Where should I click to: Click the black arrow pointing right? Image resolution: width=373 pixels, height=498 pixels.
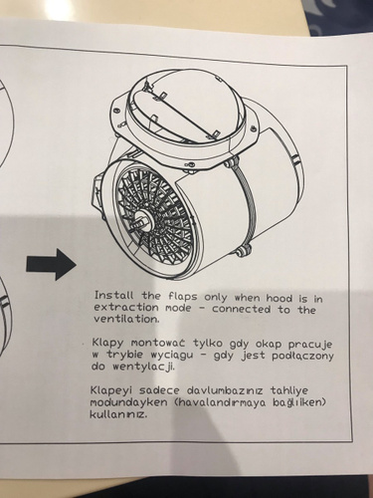tap(51, 264)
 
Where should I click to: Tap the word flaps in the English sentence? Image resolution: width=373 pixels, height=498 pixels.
tap(183, 297)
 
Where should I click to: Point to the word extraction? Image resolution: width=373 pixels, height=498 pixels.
tap(126, 307)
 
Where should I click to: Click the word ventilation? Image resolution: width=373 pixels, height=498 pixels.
tap(126, 319)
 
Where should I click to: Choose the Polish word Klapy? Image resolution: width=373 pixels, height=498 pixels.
tap(107, 343)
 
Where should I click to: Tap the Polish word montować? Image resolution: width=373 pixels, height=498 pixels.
tap(159, 343)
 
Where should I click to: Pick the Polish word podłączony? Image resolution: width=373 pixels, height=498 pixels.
tap(302, 356)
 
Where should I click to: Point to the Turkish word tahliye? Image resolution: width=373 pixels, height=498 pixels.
tap(288, 390)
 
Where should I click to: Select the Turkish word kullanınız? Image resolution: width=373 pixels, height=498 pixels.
tap(117, 414)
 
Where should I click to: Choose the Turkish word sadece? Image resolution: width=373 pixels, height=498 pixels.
tap(159, 390)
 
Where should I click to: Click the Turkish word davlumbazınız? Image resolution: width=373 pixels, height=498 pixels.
tap(225, 390)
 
